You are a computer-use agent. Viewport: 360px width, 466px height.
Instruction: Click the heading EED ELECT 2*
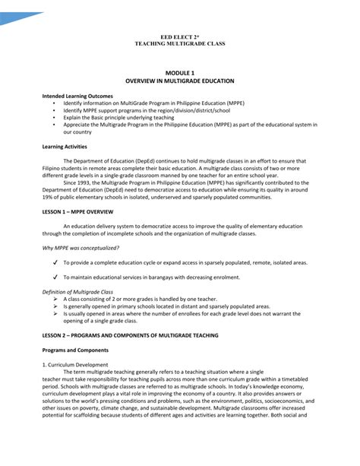179,36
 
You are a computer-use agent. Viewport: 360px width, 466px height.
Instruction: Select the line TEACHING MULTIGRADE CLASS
179,43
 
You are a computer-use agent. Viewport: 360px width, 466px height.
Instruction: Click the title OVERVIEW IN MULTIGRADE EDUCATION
179,80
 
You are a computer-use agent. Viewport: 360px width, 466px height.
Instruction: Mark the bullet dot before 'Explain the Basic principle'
55,119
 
